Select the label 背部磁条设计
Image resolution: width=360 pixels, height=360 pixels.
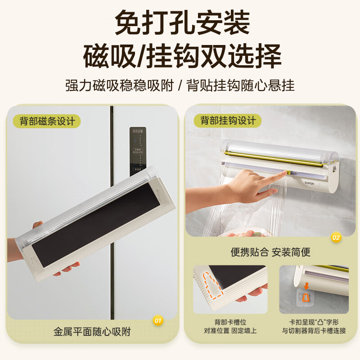pyautogui.click(x=47, y=121)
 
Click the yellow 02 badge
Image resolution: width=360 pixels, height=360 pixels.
pyautogui.click(x=336, y=237)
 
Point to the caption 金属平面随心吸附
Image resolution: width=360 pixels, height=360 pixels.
pyautogui.click(x=92, y=332)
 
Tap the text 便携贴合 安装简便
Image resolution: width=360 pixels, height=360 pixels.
pyautogui.click(x=270, y=252)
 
